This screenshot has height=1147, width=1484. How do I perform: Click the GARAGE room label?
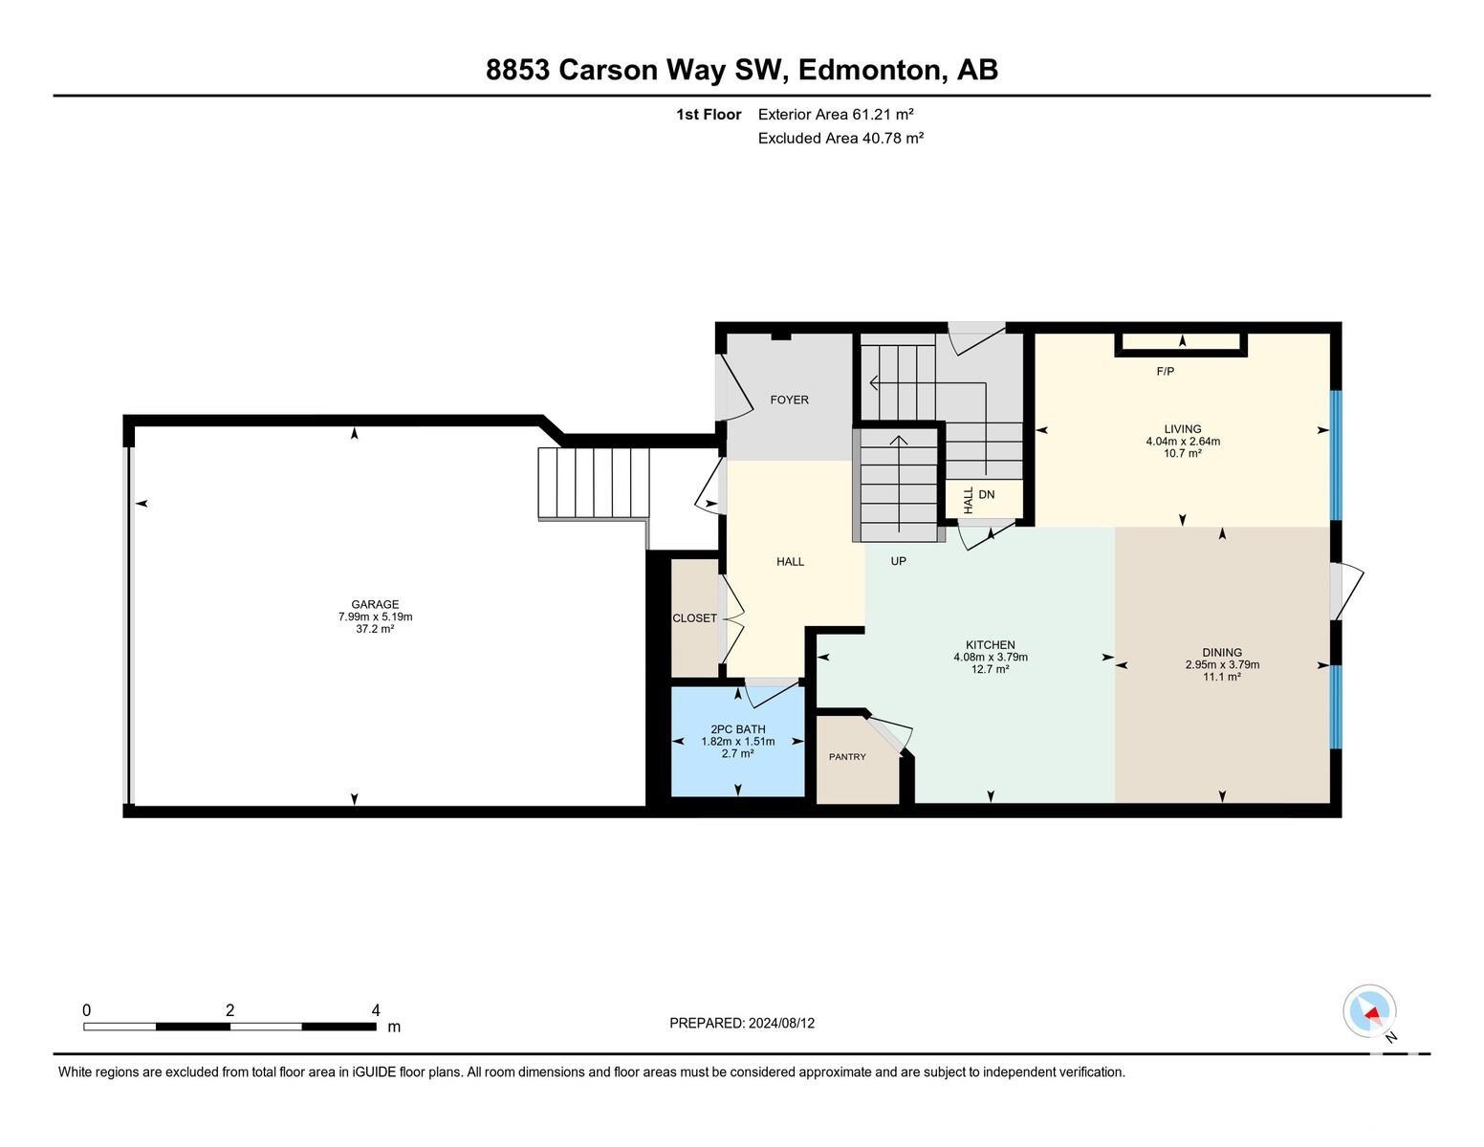[375, 604]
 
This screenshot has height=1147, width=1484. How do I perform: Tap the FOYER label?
[790, 400]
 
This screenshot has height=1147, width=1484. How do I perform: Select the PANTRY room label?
[847, 757]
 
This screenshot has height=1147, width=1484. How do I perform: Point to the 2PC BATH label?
[737, 729]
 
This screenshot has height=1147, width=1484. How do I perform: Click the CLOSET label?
[694, 618]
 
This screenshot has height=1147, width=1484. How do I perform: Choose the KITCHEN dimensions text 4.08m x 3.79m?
[991, 657]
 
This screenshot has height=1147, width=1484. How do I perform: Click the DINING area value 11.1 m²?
[1222, 677]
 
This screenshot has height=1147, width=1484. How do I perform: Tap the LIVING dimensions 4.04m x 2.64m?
[1183, 442]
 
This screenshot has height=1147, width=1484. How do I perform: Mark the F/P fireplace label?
[1165, 371]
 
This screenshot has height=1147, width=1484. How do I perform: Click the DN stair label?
[986, 495]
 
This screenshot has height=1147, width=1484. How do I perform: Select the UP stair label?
[898, 561]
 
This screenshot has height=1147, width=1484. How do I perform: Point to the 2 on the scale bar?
[230, 1010]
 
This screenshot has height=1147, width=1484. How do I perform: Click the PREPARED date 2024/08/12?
[781, 1024]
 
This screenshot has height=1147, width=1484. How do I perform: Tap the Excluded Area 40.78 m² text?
[840, 138]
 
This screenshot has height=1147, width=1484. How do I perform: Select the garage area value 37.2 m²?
[375, 628]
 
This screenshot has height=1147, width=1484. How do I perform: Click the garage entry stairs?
[593, 483]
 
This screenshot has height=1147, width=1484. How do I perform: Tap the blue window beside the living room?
[1335, 456]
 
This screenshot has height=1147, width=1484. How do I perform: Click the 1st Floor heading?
[709, 115]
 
